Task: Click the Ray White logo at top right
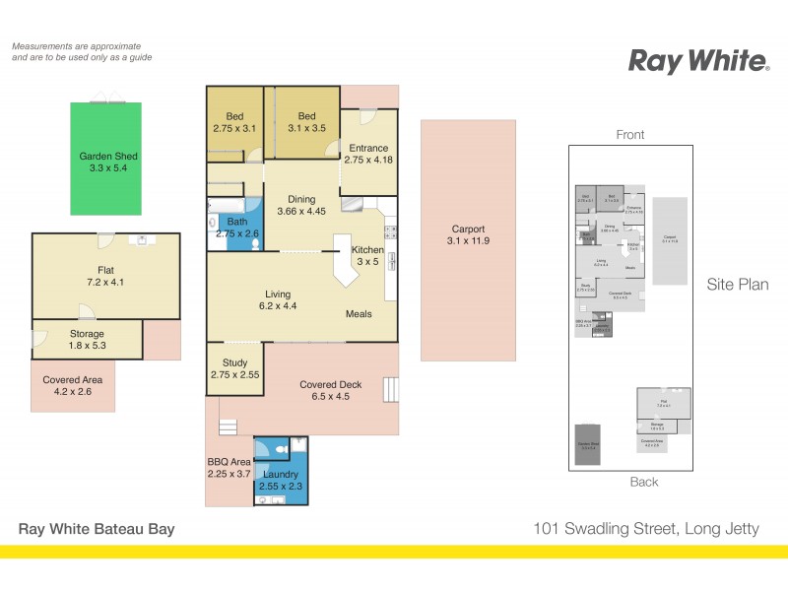(698, 62)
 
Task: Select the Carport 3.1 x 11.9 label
(468, 235)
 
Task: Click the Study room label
(235, 368)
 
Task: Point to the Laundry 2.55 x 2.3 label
(281, 480)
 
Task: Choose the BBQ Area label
(229, 467)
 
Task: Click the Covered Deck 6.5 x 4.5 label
(331, 391)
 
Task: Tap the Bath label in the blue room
(235, 228)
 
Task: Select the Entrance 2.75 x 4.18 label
(368, 153)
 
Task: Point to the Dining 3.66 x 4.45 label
(301, 204)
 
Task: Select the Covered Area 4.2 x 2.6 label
(72, 385)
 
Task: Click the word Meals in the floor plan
(359, 314)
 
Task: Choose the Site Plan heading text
(737, 285)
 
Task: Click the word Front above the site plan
(629, 135)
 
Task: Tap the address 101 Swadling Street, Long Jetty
(644, 529)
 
